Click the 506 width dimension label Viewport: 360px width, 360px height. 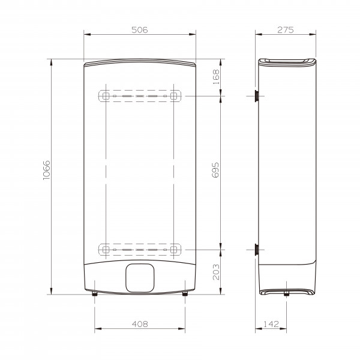pos(140,30)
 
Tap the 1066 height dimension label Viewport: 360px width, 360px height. pos(47,170)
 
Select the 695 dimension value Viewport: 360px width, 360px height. pos(215,170)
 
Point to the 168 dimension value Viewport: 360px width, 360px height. pos(216,77)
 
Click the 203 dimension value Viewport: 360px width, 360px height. pos(216,272)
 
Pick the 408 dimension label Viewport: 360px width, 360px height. pos(140,324)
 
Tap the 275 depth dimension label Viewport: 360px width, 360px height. pos(286,30)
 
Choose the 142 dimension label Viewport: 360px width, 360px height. pos(271,324)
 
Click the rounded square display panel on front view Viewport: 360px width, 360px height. pos(140,278)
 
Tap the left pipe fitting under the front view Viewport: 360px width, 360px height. pos(95,293)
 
